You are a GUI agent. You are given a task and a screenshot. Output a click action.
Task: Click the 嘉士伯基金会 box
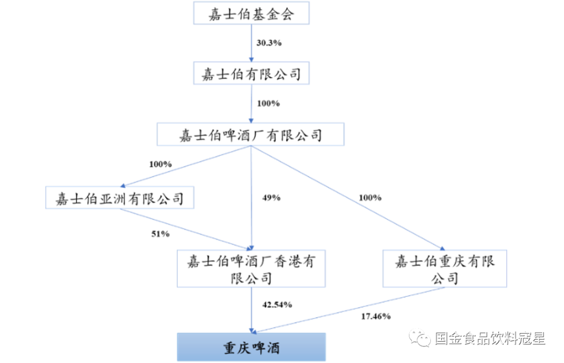click(251, 13)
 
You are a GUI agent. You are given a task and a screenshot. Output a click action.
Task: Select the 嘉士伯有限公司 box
click(251, 74)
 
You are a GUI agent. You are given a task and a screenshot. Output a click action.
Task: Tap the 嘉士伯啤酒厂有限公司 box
click(250, 135)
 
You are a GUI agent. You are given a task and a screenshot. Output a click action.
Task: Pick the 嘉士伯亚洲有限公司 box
click(120, 197)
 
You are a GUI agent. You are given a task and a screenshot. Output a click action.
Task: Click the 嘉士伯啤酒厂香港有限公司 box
click(251, 269)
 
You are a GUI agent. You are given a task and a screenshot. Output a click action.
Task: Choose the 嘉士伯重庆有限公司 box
click(444, 269)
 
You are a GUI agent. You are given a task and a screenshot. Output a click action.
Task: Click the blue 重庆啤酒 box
click(251, 347)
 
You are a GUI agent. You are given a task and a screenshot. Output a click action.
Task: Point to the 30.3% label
click(269, 43)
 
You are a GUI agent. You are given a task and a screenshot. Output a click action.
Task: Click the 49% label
click(271, 198)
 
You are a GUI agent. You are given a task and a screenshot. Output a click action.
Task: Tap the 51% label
click(160, 234)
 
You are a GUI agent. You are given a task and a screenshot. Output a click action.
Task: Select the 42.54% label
click(277, 305)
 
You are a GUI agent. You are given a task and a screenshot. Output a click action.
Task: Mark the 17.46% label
click(376, 316)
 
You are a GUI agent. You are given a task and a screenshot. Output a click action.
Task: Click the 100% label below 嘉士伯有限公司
click(268, 103)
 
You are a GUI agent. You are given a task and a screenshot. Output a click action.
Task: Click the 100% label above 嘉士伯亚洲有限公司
click(160, 164)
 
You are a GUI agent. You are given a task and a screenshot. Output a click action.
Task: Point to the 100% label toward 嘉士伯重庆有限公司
click(370, 198)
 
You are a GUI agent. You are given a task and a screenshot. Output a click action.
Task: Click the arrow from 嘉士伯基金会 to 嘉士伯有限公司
click(251, 43)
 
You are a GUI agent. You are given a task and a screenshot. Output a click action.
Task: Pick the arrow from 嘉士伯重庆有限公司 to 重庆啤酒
click(349, 309)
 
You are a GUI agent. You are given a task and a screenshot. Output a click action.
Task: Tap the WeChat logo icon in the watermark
click(419, 338)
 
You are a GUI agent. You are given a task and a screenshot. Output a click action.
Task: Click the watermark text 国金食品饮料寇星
click(490, 338)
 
